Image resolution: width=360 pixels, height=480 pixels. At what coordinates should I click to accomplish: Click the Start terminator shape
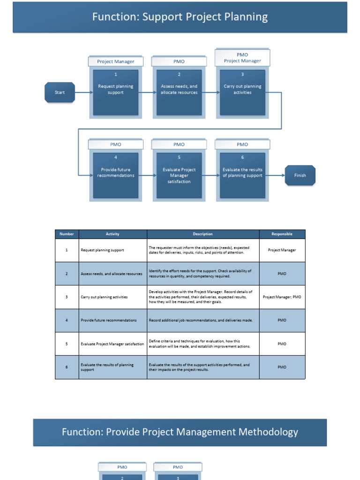tap(60, 92)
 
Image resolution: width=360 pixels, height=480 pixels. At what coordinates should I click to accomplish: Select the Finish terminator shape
tap(300, 175)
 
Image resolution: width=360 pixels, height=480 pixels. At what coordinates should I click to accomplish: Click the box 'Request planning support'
tap(115, 92)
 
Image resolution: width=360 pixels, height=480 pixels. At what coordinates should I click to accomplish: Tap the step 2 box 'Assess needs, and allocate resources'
tap(179, 92)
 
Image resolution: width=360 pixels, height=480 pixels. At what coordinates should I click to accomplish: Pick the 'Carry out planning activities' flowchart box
tap(242, 92)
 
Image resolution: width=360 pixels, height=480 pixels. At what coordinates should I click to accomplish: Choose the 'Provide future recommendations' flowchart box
tap(115, 175)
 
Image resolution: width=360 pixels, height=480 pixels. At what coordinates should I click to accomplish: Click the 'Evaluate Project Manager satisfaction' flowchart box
tap(179, 175)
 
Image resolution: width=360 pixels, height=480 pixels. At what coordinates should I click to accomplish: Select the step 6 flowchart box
tap(242, 175)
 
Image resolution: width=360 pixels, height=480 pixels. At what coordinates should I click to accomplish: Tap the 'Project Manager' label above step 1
tap(115, 61)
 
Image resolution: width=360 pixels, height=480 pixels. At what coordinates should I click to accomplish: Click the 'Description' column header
tap(203, 234)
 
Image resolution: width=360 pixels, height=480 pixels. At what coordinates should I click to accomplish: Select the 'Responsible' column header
tap(282, 234)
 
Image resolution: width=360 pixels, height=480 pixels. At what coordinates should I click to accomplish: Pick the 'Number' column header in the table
tap(67, 234)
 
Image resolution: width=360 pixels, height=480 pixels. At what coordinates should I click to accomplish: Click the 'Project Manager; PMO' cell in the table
tap(282, 297)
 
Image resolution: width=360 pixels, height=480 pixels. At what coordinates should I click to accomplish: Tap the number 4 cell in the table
tap(67, 320)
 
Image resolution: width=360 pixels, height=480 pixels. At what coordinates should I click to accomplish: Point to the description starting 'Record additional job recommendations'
tap(201, 320)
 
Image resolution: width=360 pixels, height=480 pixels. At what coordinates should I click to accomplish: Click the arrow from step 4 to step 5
tap(147, 175)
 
